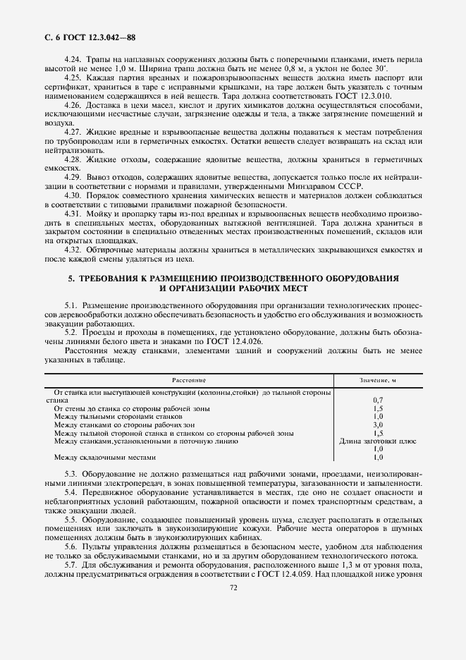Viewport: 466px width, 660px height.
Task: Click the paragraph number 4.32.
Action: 73,250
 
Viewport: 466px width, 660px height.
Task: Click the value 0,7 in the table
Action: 377,400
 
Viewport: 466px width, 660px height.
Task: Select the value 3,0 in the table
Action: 377,425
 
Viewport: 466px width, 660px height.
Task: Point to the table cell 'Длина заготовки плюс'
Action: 377,441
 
